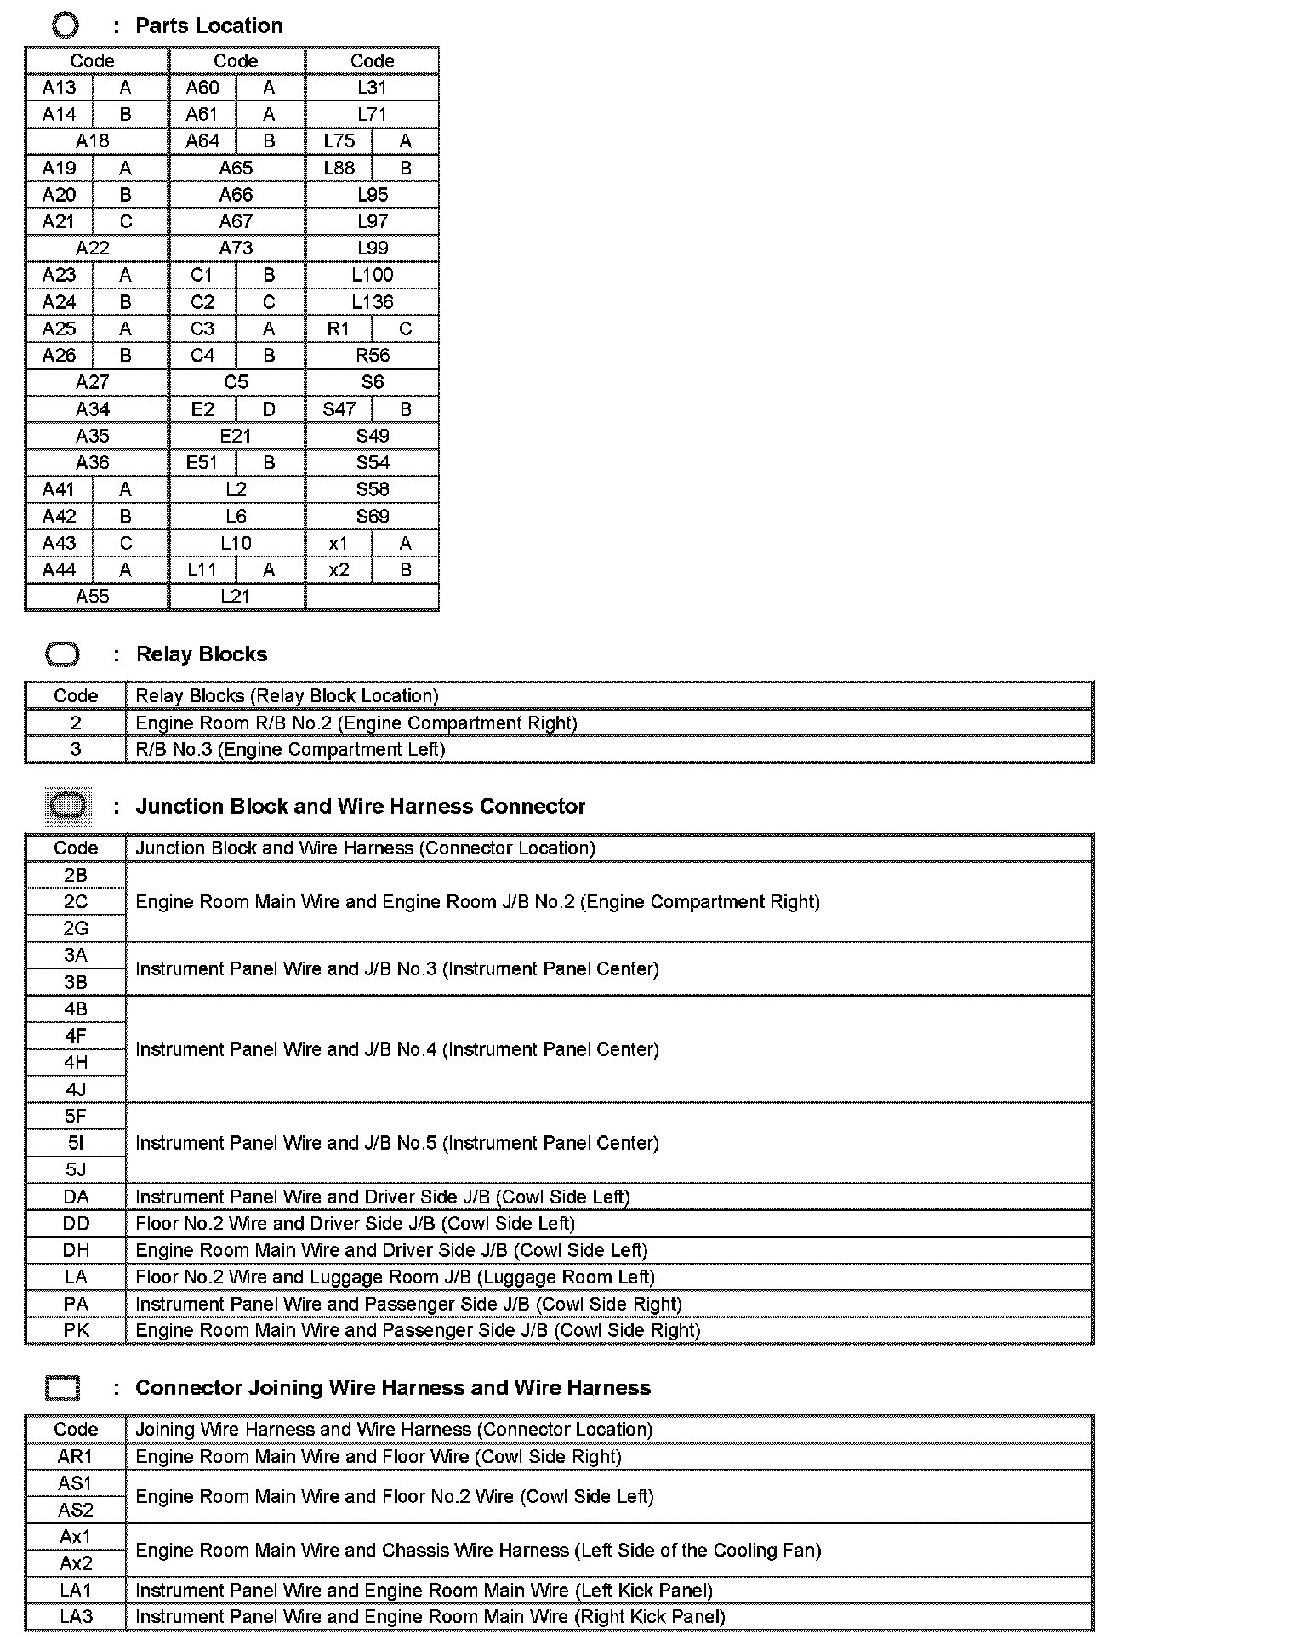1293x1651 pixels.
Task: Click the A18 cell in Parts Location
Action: coord(93,141)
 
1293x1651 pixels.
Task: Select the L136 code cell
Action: coord(372,302)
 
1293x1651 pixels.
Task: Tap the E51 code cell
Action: coord(202,463)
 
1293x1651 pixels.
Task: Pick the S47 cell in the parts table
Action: coord(339,409)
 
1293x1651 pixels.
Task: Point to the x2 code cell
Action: coord(339,570)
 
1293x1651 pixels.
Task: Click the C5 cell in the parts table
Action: coord(236,382)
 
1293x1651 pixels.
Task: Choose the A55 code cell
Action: coord(93,597)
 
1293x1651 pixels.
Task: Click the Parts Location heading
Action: coord(208,26)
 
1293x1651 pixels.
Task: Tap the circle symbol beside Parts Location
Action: coord(65,26)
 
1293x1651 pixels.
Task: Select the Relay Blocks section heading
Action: coord(202,654)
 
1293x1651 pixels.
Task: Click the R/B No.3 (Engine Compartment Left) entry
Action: coord(290,750)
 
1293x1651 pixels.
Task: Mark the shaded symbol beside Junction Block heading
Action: coord(67,806)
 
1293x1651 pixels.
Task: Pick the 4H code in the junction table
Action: coord(76,1063)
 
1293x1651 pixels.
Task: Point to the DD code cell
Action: coord(76,1224)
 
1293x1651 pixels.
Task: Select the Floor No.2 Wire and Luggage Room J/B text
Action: coord(395,1277)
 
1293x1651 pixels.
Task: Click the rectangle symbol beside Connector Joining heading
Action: coord(63,1388)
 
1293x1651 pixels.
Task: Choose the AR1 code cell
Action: coord(76,1457)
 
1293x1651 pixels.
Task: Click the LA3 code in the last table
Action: coord(76,1617)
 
